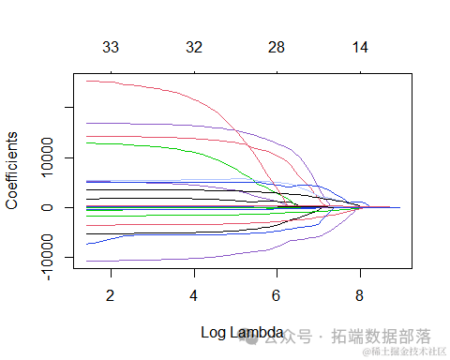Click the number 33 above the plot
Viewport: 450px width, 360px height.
111,47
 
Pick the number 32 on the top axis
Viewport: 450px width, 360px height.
194,47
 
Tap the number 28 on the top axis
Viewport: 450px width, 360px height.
277,47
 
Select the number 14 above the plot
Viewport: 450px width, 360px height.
360,47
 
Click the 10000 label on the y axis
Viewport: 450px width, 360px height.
47,158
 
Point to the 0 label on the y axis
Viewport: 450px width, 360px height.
47,207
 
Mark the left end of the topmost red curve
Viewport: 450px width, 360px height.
86,81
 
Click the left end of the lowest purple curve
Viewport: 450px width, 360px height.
86,261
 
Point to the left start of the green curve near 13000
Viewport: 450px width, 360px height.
86,142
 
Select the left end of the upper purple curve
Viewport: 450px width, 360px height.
86,123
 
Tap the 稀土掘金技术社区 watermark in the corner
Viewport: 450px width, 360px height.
410,352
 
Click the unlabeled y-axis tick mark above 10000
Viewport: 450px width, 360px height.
68,108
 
